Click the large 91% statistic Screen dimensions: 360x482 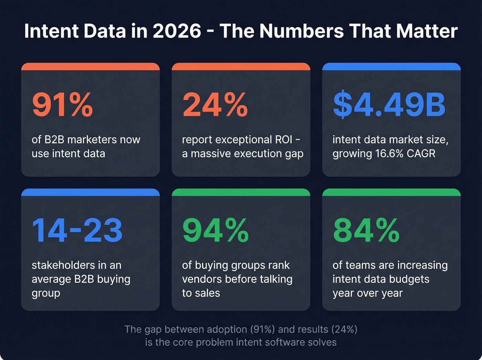(x=62, y=105)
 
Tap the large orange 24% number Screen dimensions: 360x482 (x=215, y=105)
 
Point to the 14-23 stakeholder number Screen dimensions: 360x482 (x=77, y=230)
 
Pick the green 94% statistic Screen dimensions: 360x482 (x=216, y=230)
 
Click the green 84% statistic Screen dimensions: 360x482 (x=366, y=230)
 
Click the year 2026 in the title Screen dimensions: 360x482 (x=177, y=31)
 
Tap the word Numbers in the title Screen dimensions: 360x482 (x=301, y=31)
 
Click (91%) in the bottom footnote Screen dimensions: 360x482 (x=262, y=330)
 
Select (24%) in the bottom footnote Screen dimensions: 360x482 (x=344, y=330)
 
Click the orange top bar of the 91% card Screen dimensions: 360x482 (x=90, y=66)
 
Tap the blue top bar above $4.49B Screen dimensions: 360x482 (x=391, y=66)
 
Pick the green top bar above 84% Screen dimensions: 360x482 (x=391, y=192)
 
